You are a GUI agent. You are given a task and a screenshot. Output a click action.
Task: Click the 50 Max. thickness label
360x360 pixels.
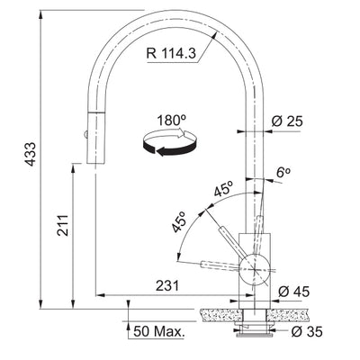158,332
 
